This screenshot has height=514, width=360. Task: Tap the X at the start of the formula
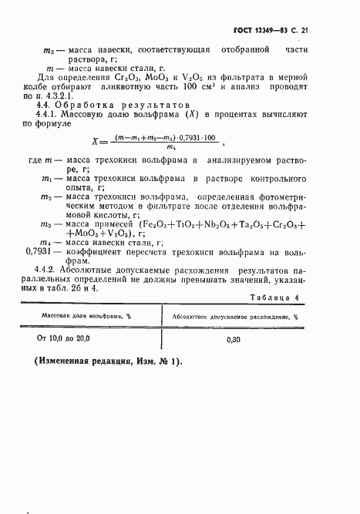117,141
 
